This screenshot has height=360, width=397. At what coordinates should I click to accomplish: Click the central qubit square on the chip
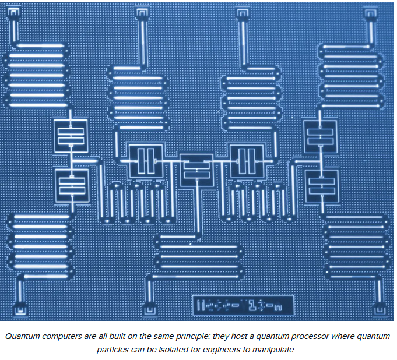click(196, 170)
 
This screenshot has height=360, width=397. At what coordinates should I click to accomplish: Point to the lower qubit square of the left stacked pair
click(71, 185)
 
